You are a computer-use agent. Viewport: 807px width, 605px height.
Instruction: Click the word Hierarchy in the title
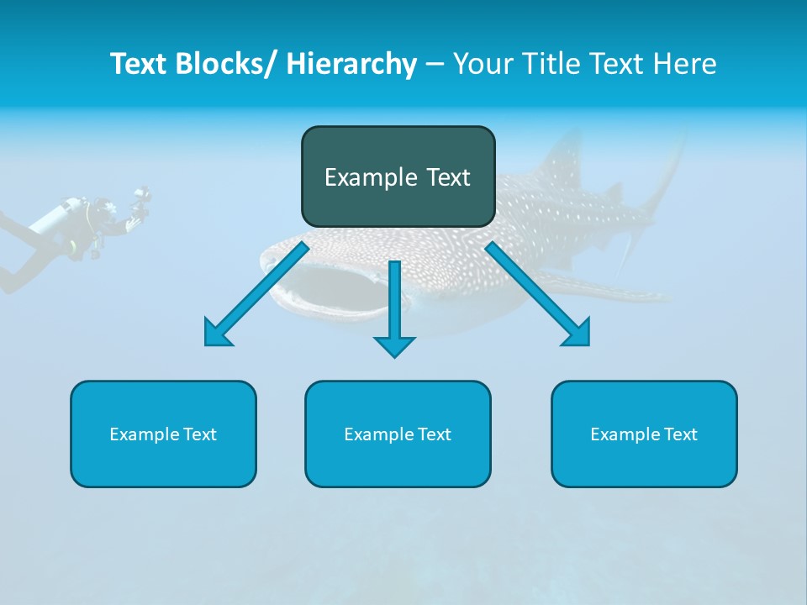[351, 64]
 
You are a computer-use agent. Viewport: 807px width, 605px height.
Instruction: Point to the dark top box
[398, 176]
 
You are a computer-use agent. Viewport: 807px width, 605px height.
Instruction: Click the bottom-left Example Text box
[163, 434]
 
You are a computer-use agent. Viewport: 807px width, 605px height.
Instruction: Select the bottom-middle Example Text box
[398, 434]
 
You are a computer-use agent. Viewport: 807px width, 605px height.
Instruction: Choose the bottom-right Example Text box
[644, 434]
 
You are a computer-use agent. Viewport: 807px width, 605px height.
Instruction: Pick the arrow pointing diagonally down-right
[538, 294]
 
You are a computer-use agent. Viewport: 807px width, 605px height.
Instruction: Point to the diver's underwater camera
[140, 202]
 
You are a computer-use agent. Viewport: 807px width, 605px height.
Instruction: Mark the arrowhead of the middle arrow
[394, 345]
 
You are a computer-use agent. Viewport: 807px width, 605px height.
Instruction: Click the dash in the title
[435, 65]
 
